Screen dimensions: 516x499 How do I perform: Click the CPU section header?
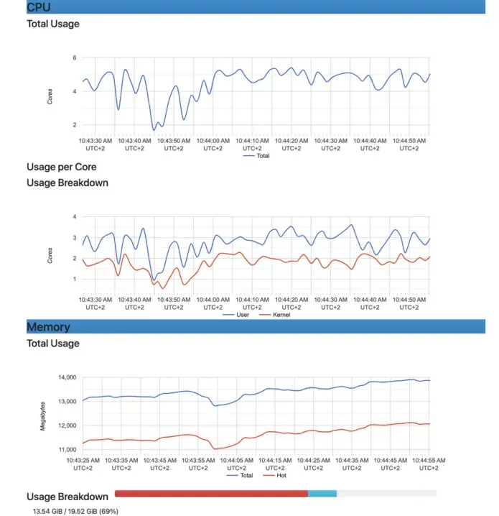tap(39, 7)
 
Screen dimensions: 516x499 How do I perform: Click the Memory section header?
tap(48, 327)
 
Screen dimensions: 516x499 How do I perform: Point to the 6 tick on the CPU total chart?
tap(75, 57)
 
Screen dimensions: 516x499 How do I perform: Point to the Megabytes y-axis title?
tap(43, 416)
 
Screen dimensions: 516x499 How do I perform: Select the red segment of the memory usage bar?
tap(211, 494)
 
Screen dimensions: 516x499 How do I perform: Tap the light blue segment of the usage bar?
tap(322, 494)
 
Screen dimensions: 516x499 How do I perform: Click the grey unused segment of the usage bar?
tap(386, 494)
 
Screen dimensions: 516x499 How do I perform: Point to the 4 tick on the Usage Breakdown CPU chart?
tap(75, 216)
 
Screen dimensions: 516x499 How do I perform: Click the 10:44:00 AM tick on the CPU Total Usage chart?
tap(213, 144)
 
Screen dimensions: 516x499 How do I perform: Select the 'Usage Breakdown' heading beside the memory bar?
tap(67, 497)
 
